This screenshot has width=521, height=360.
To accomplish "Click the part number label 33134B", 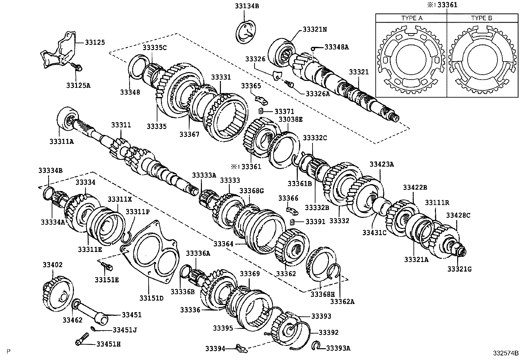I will click(247, 6).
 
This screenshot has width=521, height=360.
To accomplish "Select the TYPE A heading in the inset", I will click(412, 18).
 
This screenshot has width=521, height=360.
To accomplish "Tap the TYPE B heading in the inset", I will click(481, 18).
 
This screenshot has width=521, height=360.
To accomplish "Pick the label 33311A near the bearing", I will click(62, 141).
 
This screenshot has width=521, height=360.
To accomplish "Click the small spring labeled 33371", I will click(261, 111).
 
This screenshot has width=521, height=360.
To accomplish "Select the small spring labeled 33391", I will click(292, 222).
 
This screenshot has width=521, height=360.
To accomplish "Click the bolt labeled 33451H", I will click(82, 339).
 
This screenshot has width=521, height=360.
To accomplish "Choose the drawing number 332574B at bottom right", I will click(506, 353).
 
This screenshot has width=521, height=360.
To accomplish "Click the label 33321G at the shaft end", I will click(460, 269).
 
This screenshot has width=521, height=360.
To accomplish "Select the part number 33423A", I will click(382, 164).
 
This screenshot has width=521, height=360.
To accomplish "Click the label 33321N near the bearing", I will click(314, 29).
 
